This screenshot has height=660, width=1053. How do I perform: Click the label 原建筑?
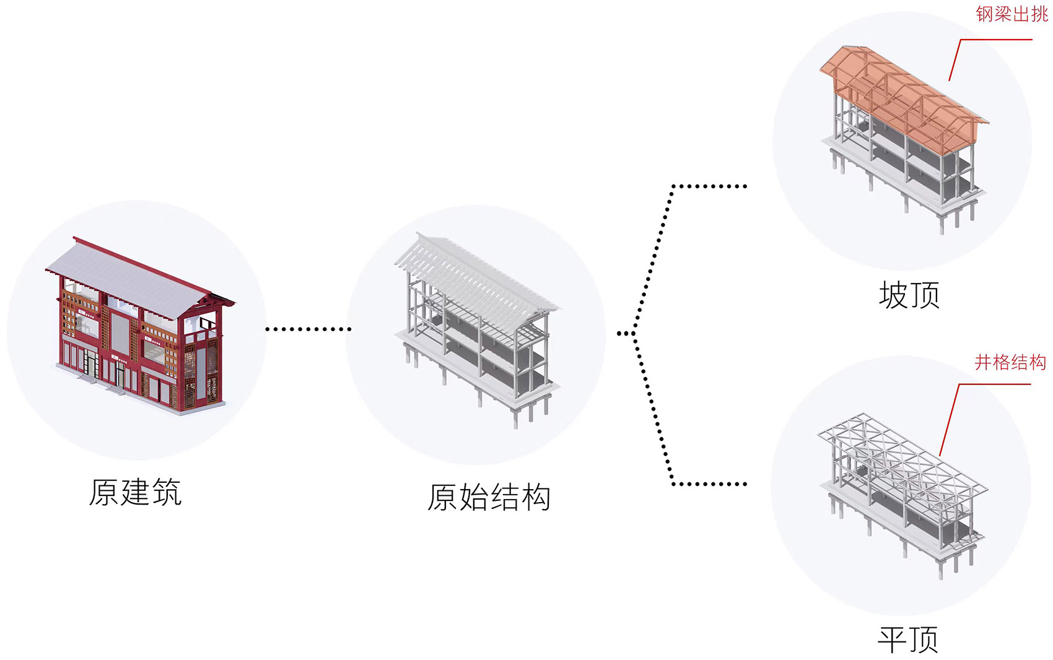(x=135, y=493)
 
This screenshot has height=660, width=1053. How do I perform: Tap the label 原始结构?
(x=489, y=497)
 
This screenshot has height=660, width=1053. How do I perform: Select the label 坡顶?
(x=909, y=295)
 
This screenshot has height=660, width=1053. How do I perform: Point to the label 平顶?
(x=908, y=639)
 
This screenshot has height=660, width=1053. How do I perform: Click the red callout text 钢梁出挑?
(x=1011, y=14)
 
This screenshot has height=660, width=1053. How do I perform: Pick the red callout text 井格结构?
(x=1010, y=362)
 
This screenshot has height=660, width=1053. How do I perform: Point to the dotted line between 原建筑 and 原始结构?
(x=308, y=329)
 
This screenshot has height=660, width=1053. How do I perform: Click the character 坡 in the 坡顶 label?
(x=893, y=295)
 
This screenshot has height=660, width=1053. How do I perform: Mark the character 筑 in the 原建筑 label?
(x=166, y=493)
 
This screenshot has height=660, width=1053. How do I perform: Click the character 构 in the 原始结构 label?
(x=536, y=497)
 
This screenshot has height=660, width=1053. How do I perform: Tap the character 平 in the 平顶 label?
(x=893, y=639)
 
